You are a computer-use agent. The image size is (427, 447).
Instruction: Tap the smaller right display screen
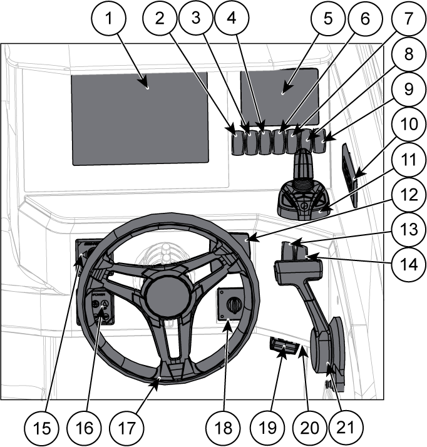(x=280, y=91)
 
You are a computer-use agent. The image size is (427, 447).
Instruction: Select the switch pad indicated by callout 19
(x=282, y=348)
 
